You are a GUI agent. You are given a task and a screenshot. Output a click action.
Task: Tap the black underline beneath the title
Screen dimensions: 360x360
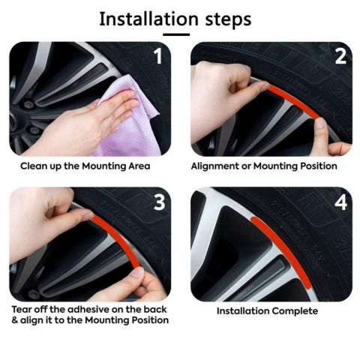coord(179,34)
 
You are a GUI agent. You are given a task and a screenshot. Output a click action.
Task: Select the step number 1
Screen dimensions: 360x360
coord(157,57)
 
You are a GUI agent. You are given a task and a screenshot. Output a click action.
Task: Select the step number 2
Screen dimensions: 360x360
coord(339,57)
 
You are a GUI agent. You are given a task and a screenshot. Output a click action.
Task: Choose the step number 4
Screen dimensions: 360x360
coord(339,203)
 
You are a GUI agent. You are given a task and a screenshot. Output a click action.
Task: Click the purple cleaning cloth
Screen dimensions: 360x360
coord(135,105)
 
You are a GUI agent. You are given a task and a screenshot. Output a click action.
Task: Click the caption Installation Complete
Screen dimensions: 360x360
coord(267,311)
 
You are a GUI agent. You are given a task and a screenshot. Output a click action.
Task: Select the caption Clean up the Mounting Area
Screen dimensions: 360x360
coord(85,166)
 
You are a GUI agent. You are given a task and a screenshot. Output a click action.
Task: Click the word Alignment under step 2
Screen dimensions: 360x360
coord(217,166)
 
